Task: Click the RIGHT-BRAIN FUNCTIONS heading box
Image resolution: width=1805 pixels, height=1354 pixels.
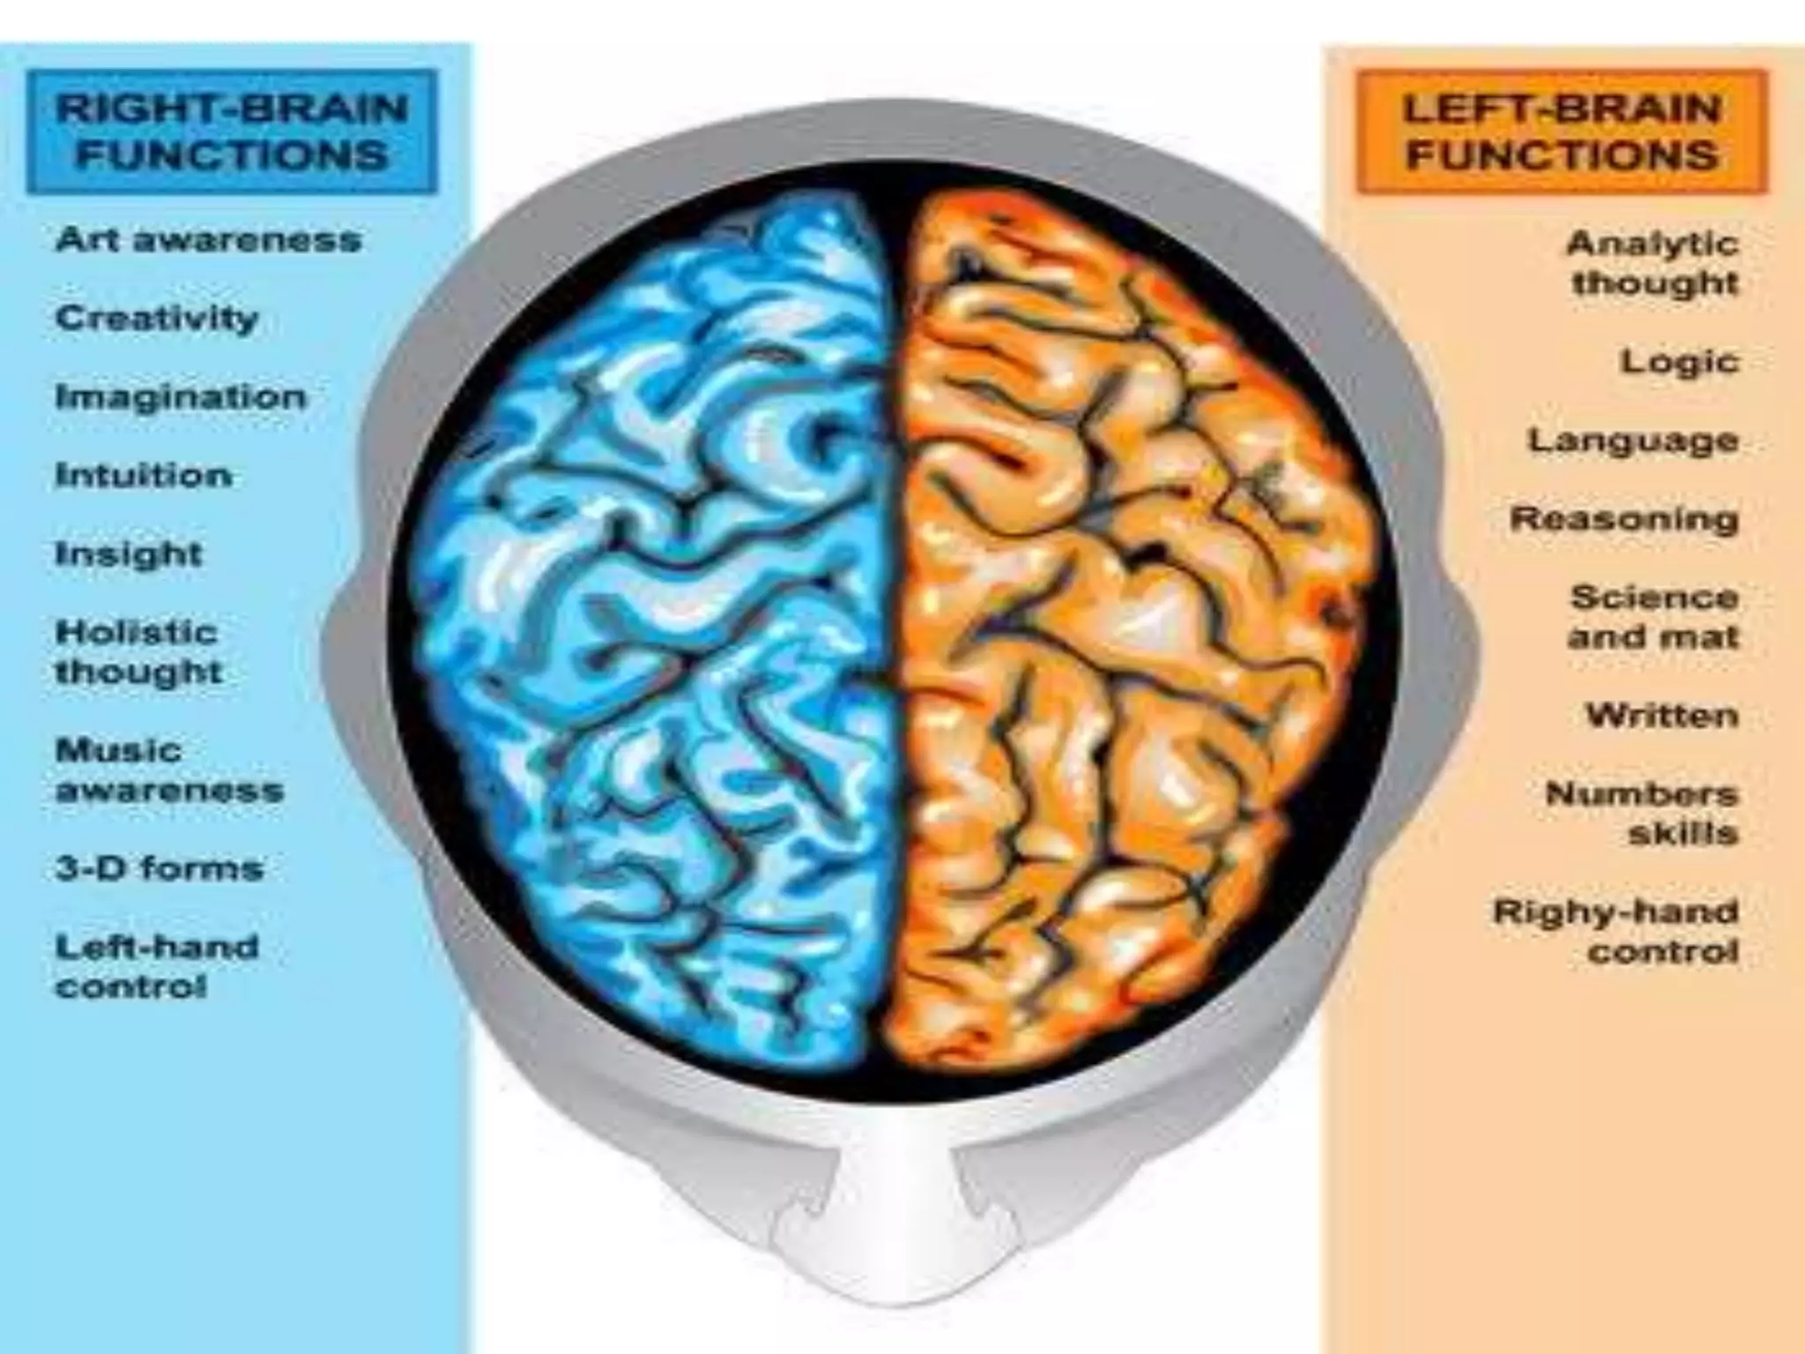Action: [232, 132]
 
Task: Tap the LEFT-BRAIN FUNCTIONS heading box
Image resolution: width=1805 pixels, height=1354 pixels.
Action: [1562, 132]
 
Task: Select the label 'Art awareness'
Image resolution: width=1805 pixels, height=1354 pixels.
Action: [209, 240]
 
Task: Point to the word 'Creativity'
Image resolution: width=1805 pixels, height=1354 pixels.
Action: [157, 318]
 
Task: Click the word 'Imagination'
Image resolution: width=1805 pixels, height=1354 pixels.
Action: [181, 398]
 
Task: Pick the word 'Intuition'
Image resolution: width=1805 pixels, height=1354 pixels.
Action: [144, 476]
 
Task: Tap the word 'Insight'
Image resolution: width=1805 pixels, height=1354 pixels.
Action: [129, 554]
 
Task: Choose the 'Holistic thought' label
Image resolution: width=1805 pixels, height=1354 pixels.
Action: [138, 652]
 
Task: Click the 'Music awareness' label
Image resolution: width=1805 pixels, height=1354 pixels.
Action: [169, 770]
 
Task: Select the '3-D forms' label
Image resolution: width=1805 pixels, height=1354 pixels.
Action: [160, 869]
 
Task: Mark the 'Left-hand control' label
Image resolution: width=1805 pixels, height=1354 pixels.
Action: [157, 967]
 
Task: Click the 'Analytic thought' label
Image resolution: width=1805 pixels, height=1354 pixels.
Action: [1653, 263]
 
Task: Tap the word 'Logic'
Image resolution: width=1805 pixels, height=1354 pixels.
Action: [1680, 361]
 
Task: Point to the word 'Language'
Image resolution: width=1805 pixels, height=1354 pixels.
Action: [1633, 440]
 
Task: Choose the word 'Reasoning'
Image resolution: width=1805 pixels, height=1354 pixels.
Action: [1624, 518]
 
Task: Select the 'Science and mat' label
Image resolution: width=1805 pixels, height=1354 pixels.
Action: [1653, 617]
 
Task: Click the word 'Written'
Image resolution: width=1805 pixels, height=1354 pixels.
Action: [1662, 715]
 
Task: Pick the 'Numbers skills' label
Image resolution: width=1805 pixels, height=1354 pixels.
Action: [1642, 813]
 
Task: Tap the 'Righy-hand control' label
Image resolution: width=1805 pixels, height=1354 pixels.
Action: [1616, 931]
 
